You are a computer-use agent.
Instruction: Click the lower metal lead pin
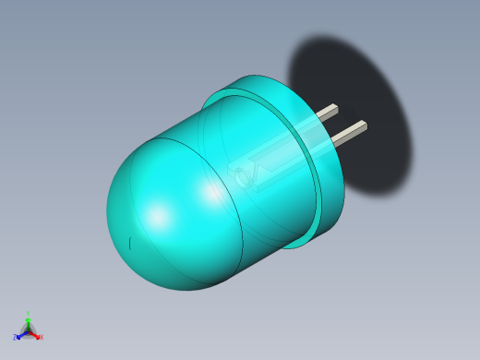coord(348,133)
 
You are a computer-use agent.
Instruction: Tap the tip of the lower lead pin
coord(364,125)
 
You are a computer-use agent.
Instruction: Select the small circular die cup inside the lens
coord(243,176)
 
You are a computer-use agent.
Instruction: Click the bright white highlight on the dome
coord(159,218)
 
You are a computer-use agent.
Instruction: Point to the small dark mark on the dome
coord(130,243)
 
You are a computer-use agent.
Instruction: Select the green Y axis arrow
coord(28,320)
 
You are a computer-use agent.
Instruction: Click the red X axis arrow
coord(35,334)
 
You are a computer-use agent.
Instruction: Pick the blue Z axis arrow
coord(20,334)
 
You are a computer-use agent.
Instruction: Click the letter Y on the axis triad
coord(28,314)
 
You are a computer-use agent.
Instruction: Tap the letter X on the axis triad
coord(41,337)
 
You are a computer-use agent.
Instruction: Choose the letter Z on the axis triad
coord(15,338)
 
